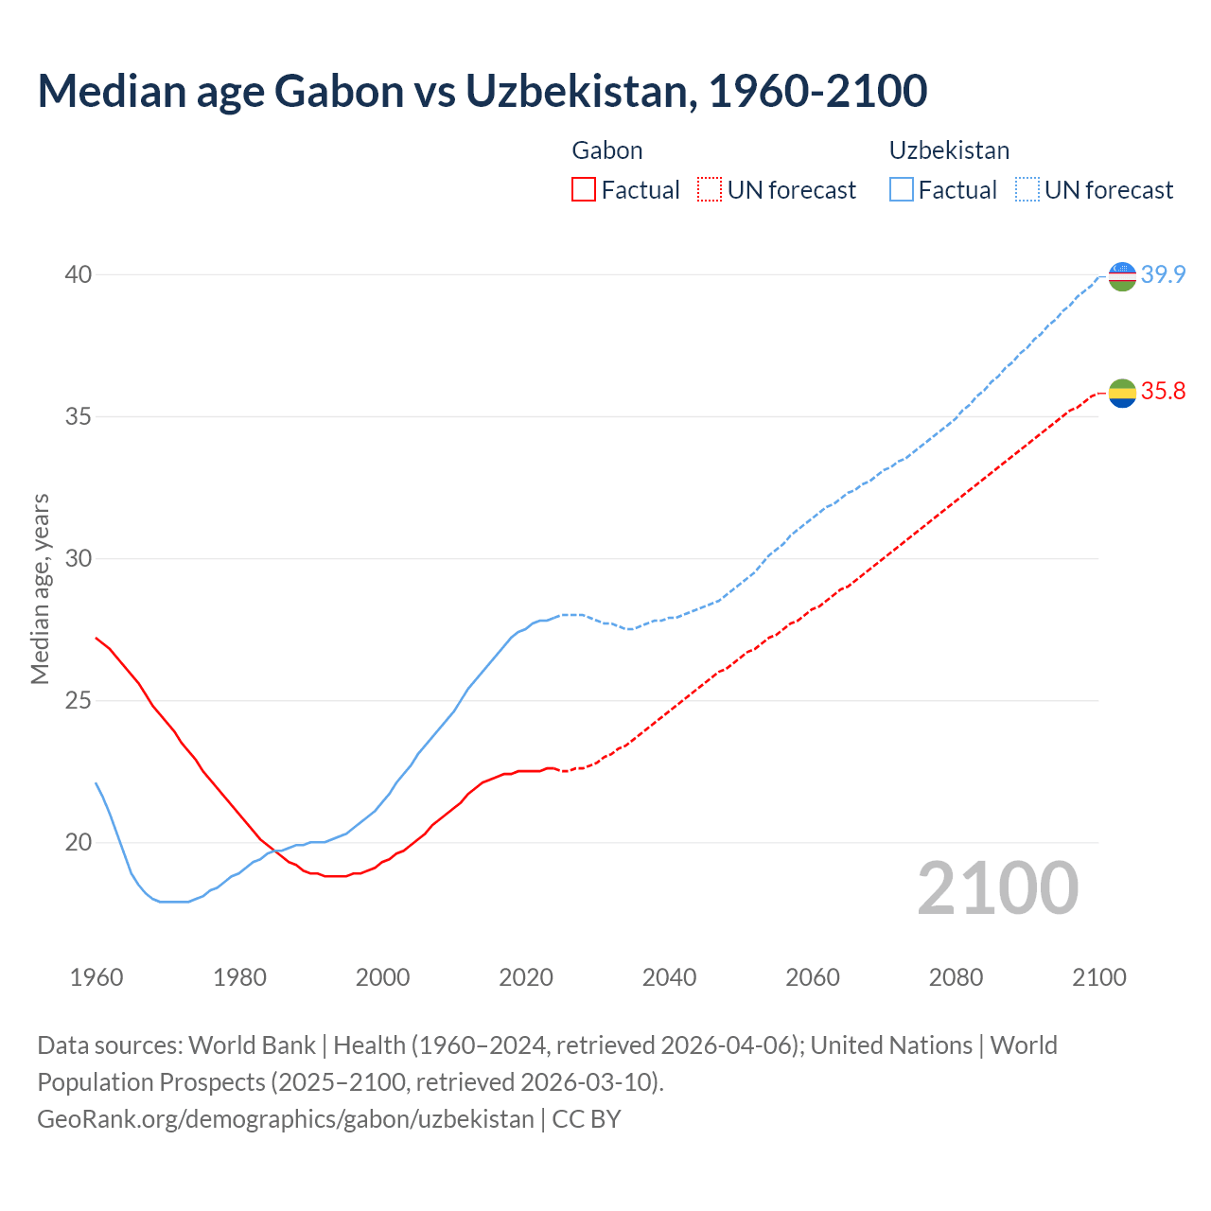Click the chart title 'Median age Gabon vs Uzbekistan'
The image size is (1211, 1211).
click(x=482, y=91)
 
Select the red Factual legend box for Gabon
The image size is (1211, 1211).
click(x=584, y=190)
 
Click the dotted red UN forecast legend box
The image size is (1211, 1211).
click(x=710, y=190)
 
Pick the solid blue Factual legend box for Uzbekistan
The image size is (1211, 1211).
click(x=902, y=190)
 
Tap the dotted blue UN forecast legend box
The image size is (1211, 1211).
click(x=1027, y=190)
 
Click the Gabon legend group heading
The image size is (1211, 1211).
click(x=607, y=150)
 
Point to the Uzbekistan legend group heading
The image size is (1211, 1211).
click(x=949, y=150)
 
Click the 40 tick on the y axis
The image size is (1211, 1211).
click(x=78, y=275)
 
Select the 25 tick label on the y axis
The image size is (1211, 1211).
click(x=78, y=701)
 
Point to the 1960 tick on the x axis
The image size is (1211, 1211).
click(x=97, y=977)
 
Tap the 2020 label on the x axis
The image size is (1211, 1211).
click(x=526, y=977)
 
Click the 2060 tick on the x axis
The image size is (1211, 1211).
click(x=813, y=977)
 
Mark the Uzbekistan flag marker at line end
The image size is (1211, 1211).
click(x=1122, y=276)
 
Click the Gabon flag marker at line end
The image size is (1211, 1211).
click(x=1122, y=393)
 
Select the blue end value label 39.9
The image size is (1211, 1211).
click(x=1163, y=275)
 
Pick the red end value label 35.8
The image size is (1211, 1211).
click(x=1163, y=392)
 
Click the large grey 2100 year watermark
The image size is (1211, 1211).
click(x=997, y=888)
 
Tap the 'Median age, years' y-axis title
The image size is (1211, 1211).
click(x=40, y=588)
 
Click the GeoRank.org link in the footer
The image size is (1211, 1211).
click(x=285, y=1119)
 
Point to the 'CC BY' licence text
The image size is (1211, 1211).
click(x=587, y=1119)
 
